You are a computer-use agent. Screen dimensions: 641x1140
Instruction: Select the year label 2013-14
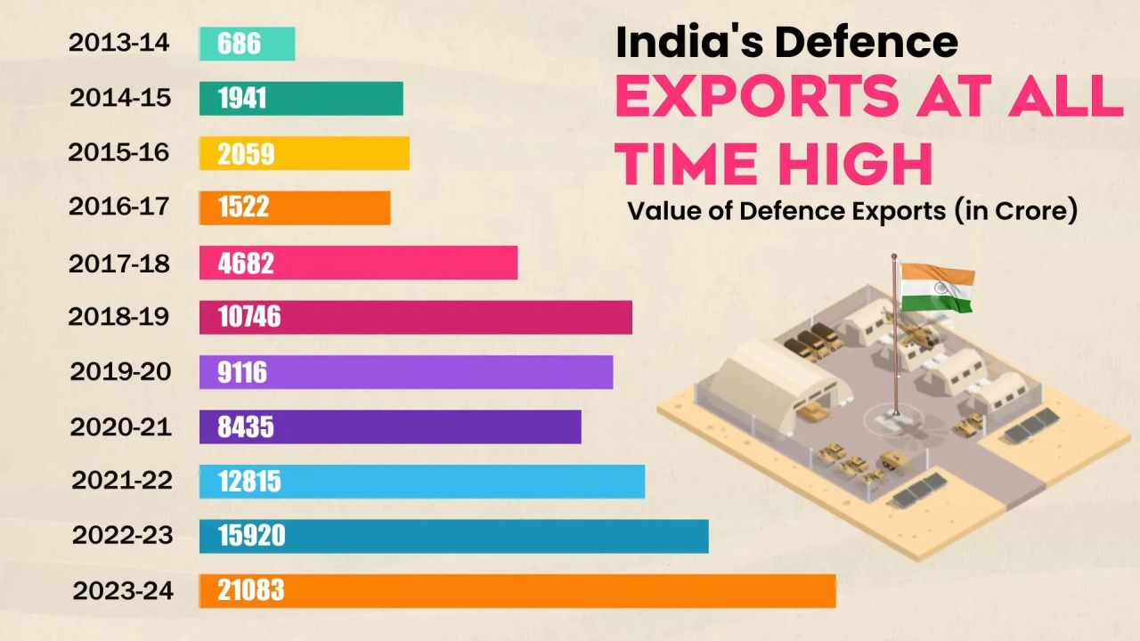click(x=118, y=43)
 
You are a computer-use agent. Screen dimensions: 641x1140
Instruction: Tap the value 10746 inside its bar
click(x=249, y=317)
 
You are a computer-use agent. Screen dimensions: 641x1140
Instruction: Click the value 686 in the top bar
click(x=239, y=44)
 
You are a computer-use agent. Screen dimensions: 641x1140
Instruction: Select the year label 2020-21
click(x=120, y=427)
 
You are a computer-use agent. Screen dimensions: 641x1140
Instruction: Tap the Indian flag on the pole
click(x=937, y=288)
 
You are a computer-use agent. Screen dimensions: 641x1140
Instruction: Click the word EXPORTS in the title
click(x=755, y=96)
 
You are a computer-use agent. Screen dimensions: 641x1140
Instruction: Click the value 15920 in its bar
click(x=251, y=536)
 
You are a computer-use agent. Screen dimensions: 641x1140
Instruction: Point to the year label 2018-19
click(x=118, y=316)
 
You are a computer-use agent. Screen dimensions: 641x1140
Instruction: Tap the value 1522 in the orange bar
click(x=243, y=208)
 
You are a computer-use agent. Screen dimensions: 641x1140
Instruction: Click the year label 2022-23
click(x=122, y=536)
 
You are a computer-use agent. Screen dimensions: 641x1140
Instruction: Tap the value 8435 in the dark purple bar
click(x=246, y=427)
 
